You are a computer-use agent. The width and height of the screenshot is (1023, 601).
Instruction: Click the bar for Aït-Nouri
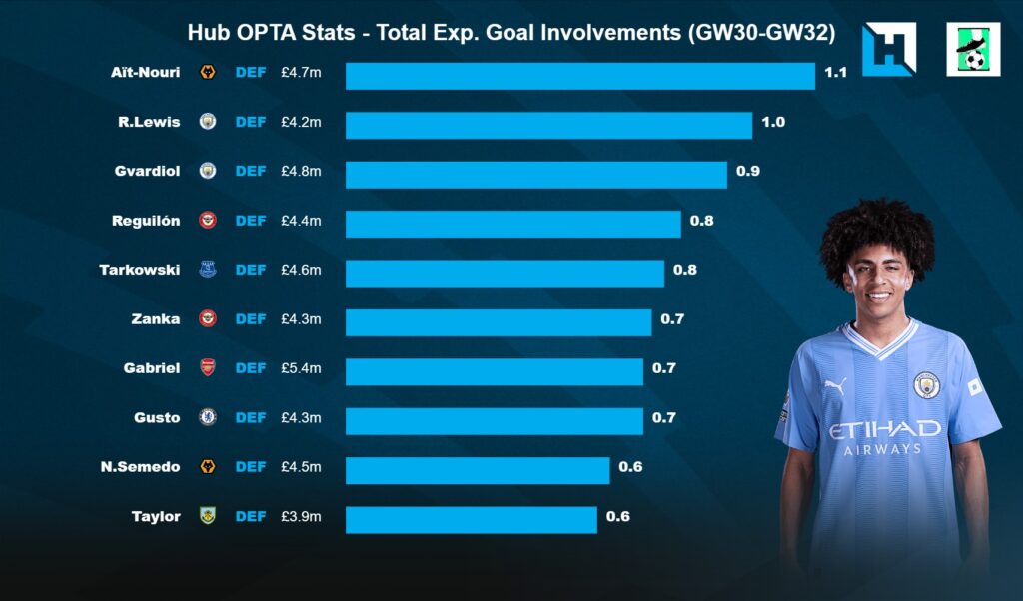pos(579,76)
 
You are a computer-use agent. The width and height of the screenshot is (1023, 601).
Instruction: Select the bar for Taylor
pos(471,519)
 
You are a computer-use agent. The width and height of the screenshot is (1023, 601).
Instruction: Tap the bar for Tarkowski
pos(505,273)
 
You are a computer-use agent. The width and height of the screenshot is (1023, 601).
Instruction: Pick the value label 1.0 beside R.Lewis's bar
pos(773,122)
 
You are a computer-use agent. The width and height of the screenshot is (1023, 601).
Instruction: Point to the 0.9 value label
pos(748,171)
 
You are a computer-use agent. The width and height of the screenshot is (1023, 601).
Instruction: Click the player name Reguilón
pos(146,220)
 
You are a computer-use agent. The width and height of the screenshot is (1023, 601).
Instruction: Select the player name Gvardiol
pos(148,171)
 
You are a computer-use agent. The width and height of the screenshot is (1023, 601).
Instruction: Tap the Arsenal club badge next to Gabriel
pos(208,368)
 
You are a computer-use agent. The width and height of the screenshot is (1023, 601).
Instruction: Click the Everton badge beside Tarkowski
pos(208,270)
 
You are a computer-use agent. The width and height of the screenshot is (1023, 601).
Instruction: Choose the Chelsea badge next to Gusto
pos(208,417)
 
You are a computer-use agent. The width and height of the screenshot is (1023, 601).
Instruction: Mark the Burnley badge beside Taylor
pos(208,516)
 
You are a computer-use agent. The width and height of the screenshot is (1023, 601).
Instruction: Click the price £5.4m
pos(301,368)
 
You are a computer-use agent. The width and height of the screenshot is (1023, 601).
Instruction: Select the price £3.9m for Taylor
pos(301,516)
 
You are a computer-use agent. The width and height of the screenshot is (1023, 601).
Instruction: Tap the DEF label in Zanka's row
pos(251,319)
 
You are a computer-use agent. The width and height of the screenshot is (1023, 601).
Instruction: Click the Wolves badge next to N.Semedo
pos(208,467)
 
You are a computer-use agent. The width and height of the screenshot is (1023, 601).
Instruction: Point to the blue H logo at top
pos(888,49)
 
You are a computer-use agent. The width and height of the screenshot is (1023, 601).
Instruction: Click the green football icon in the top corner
pos(973,50)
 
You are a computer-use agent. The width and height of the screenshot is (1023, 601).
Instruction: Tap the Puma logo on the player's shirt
pos(835,385)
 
